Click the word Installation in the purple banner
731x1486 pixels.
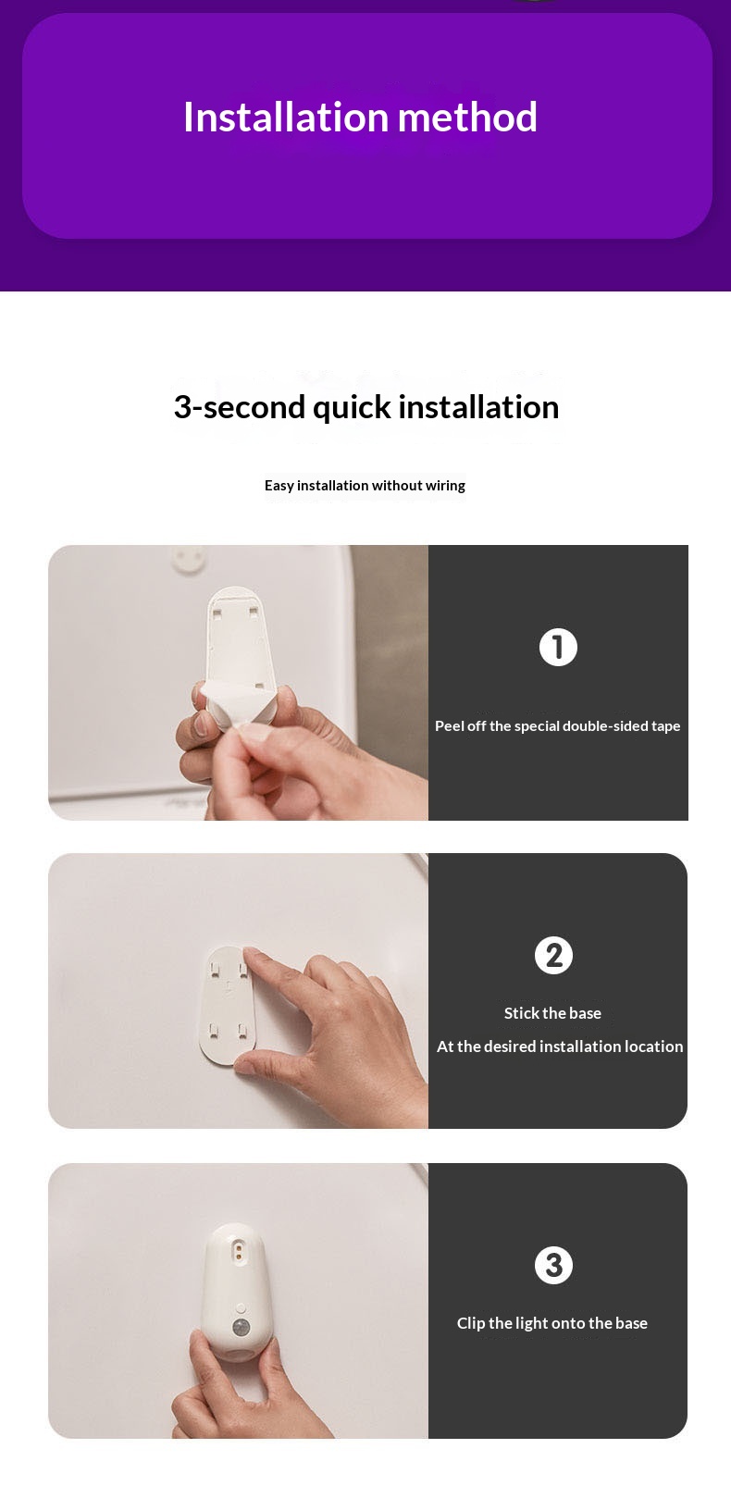coord(286,117)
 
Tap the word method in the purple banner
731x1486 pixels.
coord(467,117)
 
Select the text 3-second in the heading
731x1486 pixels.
coord(239,407)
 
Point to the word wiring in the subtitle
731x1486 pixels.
coord(446,486)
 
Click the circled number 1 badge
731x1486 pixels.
coord(558,647)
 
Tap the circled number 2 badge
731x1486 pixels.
coord(553,955)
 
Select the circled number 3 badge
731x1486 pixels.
coord(553,1265)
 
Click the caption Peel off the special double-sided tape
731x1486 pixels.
coord(558,725)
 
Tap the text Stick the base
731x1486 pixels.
coord(552,1013)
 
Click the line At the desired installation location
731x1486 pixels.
coord(560,1046)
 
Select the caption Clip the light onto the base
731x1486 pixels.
coord(551,1323)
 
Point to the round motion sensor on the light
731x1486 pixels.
coord(240,1328)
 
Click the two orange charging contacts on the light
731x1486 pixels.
coord(239,1251)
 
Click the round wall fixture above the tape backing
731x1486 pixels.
coord(189,559)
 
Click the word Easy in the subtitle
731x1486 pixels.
coord(279,487)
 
